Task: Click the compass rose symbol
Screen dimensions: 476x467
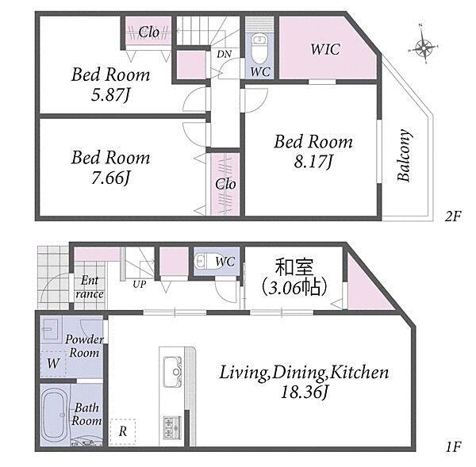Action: (424, 48)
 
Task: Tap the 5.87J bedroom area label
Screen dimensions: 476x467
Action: (110, 95)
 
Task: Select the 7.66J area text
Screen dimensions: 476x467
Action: (110, 178)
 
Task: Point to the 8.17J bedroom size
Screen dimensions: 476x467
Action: (313, 162)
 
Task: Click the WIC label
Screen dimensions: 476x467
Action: (325, 49)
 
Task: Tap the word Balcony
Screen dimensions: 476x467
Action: (405, 155)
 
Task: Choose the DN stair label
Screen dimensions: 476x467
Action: (224, 54)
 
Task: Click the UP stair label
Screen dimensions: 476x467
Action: (140, 285)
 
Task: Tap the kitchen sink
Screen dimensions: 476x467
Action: (173, 372)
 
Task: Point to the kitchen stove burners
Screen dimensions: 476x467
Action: (172, 427)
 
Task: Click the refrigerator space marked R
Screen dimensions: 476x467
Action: (123, 431)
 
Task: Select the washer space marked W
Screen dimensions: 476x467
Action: (53, 364)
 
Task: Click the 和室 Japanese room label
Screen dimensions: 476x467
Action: (294, 266)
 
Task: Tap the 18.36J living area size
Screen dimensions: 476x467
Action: (304, 392)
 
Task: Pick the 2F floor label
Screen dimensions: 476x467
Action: (453, 216)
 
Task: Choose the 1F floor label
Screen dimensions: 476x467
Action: (453, 447)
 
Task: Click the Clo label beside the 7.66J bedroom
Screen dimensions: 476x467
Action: (225, 184)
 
